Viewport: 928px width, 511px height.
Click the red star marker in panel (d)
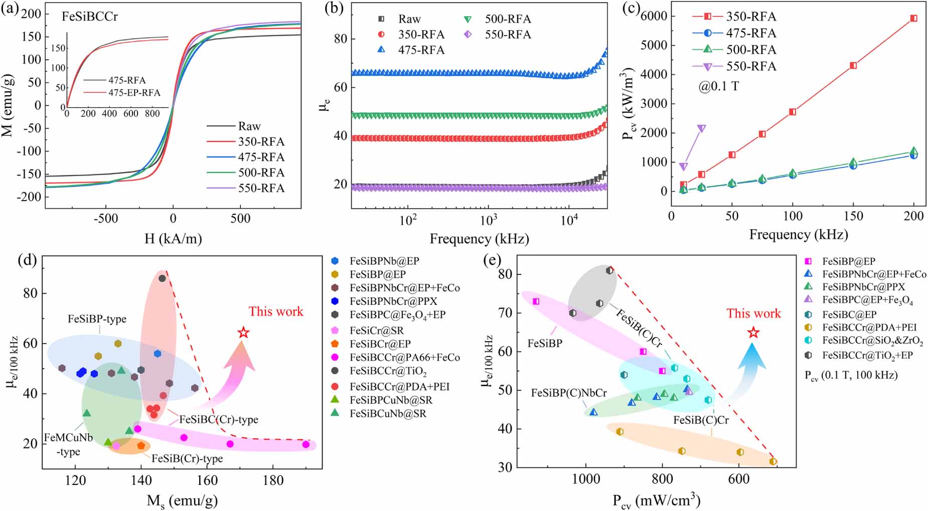(x=243, y=332)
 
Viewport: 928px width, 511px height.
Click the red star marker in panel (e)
(x=753, y=333)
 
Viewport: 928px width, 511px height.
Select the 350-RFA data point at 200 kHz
(x=913, y=19)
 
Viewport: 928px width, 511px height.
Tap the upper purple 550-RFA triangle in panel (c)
(x=701, y=129)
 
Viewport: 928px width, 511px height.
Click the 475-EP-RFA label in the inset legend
(x=134, y=93)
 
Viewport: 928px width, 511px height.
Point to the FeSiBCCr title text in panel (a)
(x=90, y=17)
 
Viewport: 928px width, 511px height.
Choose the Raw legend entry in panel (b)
(x=409, y=19)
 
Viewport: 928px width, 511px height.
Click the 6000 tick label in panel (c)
(x=654, y=16)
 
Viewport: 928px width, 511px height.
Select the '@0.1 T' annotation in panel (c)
(x=718, y=86)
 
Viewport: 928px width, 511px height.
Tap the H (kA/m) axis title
(x=173, y=239)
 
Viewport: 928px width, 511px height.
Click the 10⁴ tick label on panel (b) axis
(x=569, y=220)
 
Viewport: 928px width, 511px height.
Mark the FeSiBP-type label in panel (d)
(x=97, y=319)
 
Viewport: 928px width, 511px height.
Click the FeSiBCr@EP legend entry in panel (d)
(x=380, y=344)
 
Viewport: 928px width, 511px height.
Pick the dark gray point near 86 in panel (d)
(x=162, y=278)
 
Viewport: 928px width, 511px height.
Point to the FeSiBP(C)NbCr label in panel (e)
(x=569, y=393)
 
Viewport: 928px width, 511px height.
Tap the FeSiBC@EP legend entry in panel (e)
(x=849, y=314)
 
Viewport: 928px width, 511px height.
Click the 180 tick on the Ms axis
(x=273, y=480)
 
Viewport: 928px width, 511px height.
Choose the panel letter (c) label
(x=631, y=9)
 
